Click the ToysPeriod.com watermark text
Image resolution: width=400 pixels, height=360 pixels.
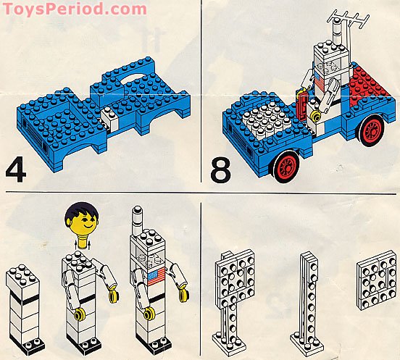point(73,9)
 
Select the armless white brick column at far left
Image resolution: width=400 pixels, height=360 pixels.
point(22,304)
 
